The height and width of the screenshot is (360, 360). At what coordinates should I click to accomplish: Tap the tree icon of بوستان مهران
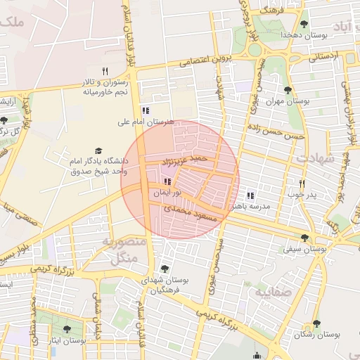click(288, 90)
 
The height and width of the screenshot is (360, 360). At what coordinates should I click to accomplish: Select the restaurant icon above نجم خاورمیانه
click(105, 70)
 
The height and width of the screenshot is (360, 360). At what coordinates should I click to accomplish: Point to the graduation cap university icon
click(98, 151)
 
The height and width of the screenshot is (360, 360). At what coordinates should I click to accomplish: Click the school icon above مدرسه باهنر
click(250, 196)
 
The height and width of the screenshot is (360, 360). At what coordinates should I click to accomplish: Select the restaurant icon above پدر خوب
click(302, 183)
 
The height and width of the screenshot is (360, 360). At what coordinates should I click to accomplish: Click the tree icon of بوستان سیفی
click(304, 238)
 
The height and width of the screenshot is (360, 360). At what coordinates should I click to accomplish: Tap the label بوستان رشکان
click(316, 335)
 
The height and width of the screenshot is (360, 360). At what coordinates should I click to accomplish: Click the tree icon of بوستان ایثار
click(67, 328)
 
